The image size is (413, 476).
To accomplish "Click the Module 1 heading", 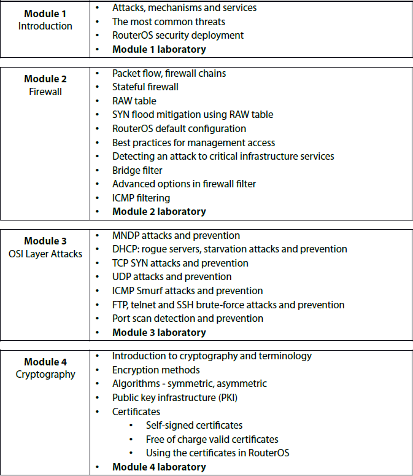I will point(45,14).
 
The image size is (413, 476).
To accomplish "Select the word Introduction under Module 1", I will point(45,26).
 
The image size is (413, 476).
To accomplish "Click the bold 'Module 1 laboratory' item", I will point(159,49).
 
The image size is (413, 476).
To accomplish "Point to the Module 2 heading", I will point(45,79).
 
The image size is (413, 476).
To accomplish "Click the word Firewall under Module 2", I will point(45,92).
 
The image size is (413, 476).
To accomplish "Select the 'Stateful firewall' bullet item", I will point(145,87).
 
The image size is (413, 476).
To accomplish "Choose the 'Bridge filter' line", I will point(137,170).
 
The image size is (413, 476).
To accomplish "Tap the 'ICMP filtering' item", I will point(141,198).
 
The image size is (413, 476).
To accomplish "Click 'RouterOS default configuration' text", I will point(179,129).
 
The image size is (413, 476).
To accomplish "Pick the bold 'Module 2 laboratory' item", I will point(159,212).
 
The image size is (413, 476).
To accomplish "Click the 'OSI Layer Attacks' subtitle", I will point(45,254).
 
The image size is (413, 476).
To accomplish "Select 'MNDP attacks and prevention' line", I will point(176,236).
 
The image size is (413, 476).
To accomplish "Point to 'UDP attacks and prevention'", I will point(172,277).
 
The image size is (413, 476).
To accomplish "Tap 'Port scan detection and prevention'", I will point(188,318).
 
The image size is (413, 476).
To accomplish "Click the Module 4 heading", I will point(45,362).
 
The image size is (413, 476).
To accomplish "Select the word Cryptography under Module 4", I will point(45,375).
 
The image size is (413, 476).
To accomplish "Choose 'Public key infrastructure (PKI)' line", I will point(175,398).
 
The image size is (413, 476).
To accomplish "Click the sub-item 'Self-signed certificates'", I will point(194,426).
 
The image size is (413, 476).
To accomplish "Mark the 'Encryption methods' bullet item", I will point(156,370).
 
